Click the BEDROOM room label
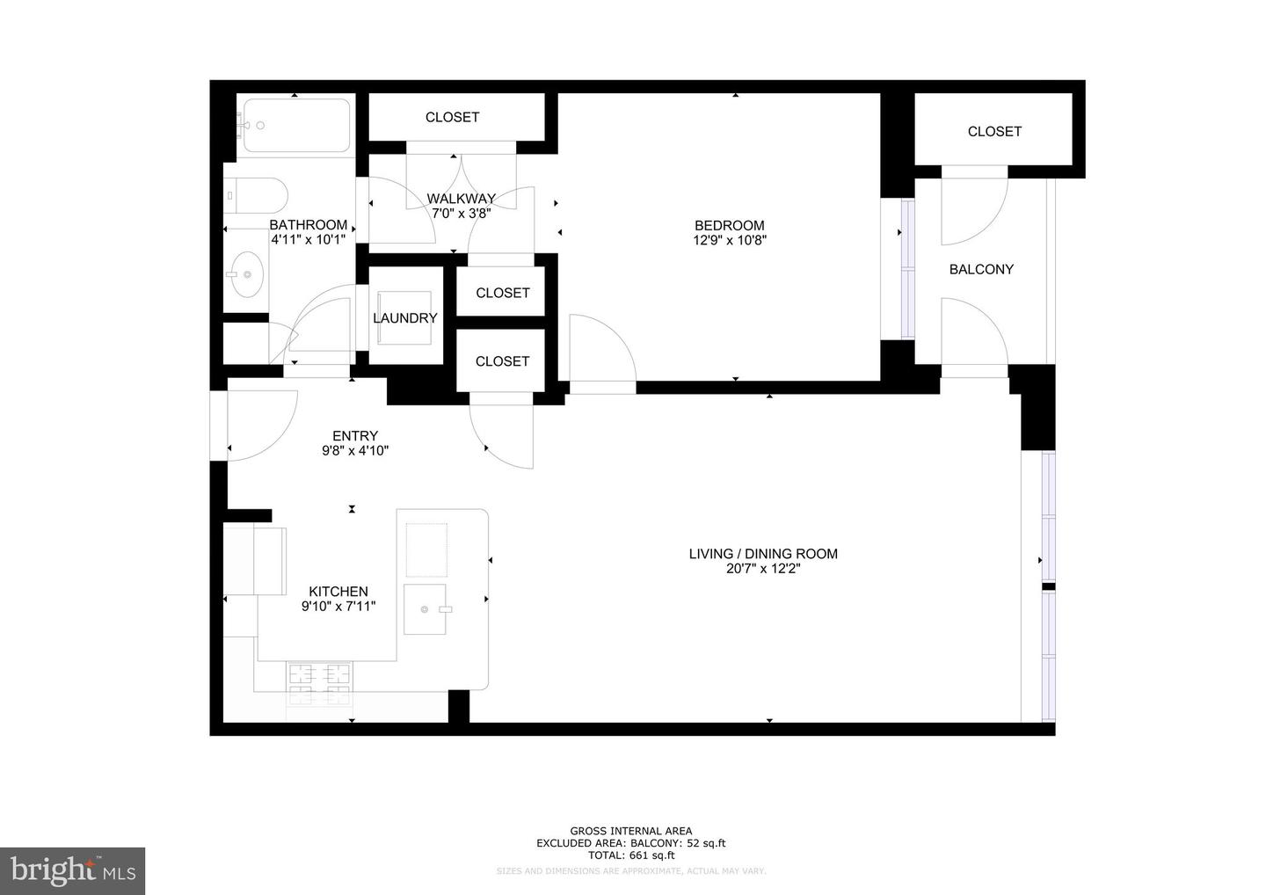[729, 225]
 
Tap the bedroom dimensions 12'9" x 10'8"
[729, 240]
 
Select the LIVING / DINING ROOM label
[762, 554]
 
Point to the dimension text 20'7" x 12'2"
[762, 569]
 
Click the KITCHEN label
[338, 592]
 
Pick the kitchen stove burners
[320, 685]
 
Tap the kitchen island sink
[426, 608]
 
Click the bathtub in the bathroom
[296, 126]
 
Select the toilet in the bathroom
[256, 195]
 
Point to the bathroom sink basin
[245, 274]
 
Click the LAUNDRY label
[404, 318]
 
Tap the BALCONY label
[981, 269]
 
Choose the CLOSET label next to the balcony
[994, 131]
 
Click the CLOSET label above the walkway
[452, 117]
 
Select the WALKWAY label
[461, 198]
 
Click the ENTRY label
[355, 436]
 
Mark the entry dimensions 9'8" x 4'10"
[355, 451]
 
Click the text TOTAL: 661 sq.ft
[631, 855]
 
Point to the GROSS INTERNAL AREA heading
[631, 831]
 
